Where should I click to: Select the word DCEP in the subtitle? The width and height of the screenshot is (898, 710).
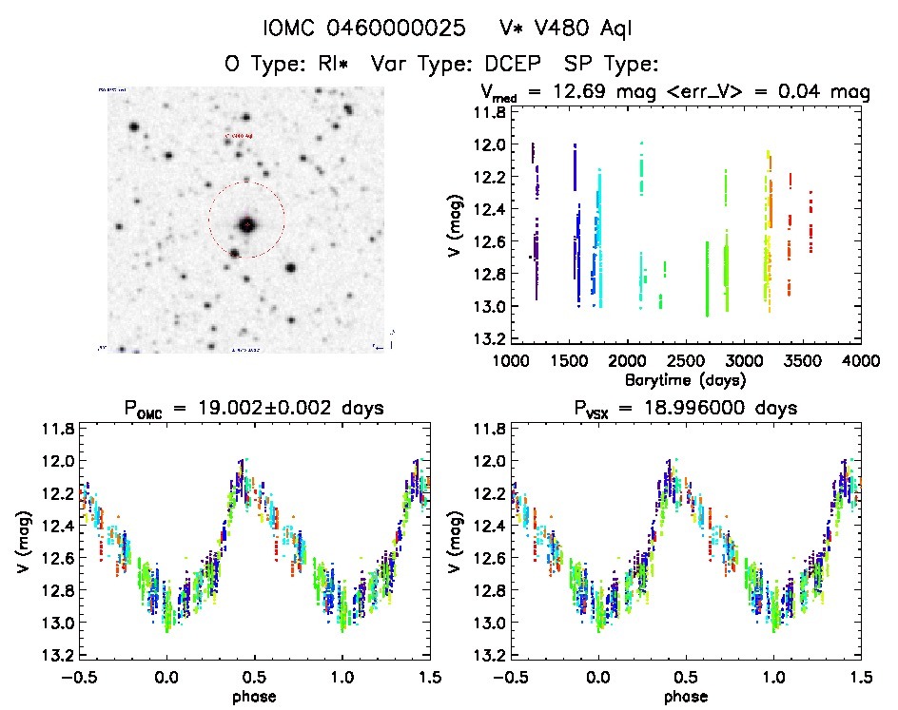(516, 65)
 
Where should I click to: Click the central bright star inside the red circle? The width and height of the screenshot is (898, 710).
(247, 225)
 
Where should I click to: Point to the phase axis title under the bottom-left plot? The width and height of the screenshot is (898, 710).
(255, 696)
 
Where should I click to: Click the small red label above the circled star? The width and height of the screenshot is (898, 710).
(238, 136)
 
